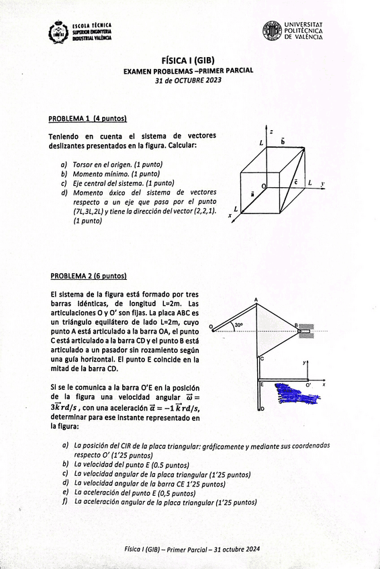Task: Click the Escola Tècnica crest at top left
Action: pos(58,32)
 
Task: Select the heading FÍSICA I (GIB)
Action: pos(188,60)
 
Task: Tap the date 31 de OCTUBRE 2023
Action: pos(188,81)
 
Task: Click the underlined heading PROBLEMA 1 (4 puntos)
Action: pos(87,119)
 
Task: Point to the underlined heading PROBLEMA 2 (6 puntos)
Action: pos(89,276)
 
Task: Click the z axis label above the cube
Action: pos(270,132)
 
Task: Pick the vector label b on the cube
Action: pos(283,142)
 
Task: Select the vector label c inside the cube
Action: pos(295,182)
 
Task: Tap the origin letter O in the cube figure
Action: pos(263,185)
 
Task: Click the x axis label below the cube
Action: pos(230,215)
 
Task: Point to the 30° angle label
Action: pos(238,325)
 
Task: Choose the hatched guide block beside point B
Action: pos(306,329)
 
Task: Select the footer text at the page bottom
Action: pos(191,549)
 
